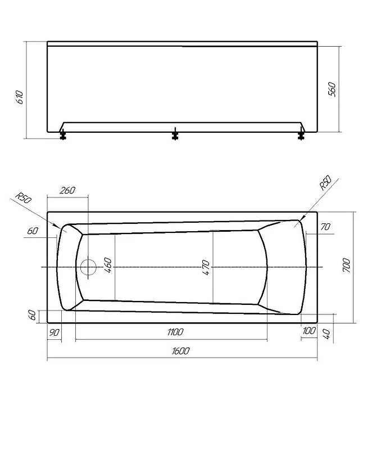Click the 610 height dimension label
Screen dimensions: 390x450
coord(20,97)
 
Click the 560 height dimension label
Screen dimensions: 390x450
coord(332,89)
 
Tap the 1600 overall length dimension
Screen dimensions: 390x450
coord(180,351)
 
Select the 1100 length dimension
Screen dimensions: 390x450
coord(175,332)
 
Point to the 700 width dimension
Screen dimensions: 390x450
coord(346,265)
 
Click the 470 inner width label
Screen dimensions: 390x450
coord(206,268)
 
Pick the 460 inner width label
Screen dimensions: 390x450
coord(107,265)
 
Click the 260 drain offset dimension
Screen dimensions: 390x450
coord(67,190)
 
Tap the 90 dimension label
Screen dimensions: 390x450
coord(55,332)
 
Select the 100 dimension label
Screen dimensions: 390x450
coord(309,331)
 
